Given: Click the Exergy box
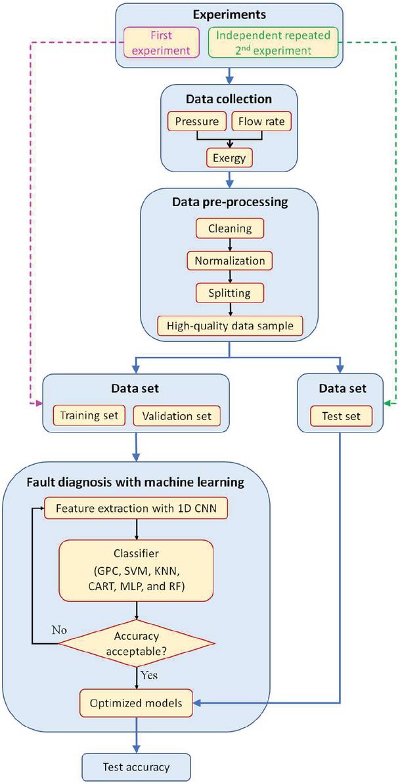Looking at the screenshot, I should click(x=229, y=158).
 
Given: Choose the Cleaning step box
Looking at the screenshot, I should click(x=229, y=228).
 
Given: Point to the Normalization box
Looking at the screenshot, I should click(x=229, y=260).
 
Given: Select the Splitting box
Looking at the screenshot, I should click(x=229, y=292).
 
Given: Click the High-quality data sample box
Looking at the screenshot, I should click(x=229, y=324).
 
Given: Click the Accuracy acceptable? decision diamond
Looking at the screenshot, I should click(x=137, y=641).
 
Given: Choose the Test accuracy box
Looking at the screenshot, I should click(x=137, y=766).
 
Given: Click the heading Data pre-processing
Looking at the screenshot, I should click(x=229, y=202).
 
